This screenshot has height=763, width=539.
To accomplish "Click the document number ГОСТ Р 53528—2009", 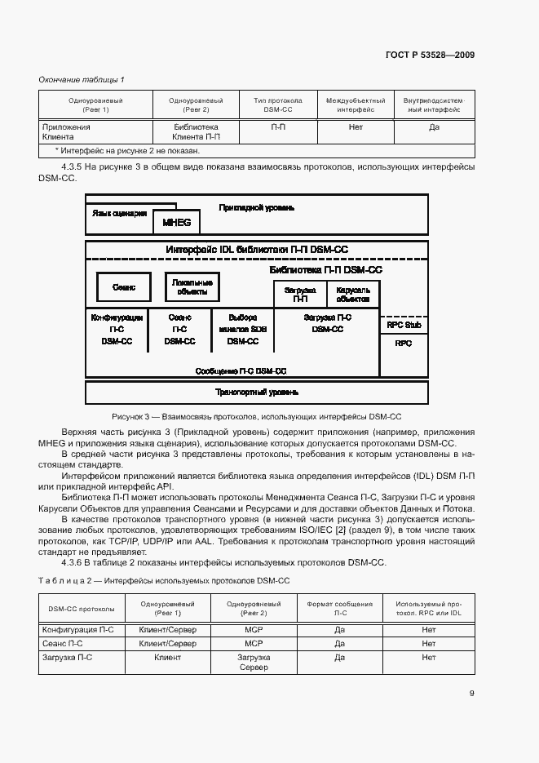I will pos(430,55).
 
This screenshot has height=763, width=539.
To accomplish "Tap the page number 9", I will pos(472,694).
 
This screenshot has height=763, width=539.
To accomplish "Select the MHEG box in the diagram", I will pos(176,221).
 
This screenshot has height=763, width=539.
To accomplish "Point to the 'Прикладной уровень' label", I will pos(257,208).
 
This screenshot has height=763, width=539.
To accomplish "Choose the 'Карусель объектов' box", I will pos(352,294).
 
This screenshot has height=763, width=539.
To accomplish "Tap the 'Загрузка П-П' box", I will pos(299,294).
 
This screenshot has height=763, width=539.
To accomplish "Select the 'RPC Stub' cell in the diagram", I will pos(404,325).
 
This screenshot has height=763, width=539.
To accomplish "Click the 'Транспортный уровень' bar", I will pos(257,393).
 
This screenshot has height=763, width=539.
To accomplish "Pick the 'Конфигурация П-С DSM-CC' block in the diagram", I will pos(117,330).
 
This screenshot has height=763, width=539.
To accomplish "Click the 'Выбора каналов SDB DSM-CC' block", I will pos(242,330).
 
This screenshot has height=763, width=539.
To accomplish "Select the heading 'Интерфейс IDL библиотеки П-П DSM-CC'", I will pos(257,250).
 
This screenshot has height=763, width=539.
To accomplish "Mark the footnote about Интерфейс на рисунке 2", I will pos(127,150).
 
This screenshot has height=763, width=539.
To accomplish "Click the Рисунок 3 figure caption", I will pos(257,416).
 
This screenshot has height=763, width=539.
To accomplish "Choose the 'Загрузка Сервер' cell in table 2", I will pos(254,662).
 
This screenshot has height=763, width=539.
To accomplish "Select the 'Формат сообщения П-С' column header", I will pos(340,609).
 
